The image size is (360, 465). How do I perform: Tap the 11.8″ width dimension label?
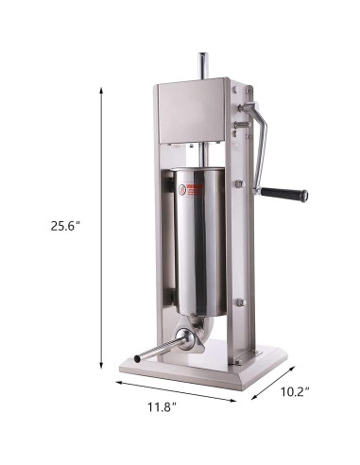tap(162, 407)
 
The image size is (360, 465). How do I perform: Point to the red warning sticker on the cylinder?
tap(191, 191)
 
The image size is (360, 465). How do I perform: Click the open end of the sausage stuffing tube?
tap(137, 358)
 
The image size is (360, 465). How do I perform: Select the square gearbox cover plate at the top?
tap(191, 111)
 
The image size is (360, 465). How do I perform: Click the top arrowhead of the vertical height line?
tap(101, 91)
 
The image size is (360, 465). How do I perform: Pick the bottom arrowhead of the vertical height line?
tap(101, 365)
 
